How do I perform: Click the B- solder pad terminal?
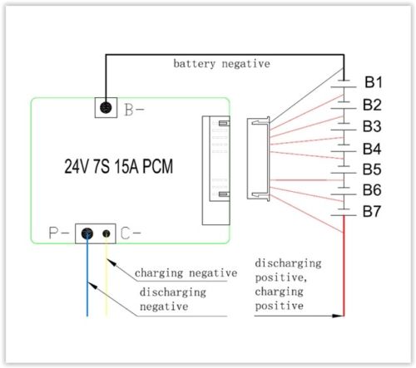click(x=106, y=108)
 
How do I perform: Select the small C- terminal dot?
click(x=106, y=234)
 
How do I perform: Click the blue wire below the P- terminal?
click(x=87, y=282)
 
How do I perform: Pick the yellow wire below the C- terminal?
click(x=106, y=282)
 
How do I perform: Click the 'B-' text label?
click(x=134, y=109)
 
